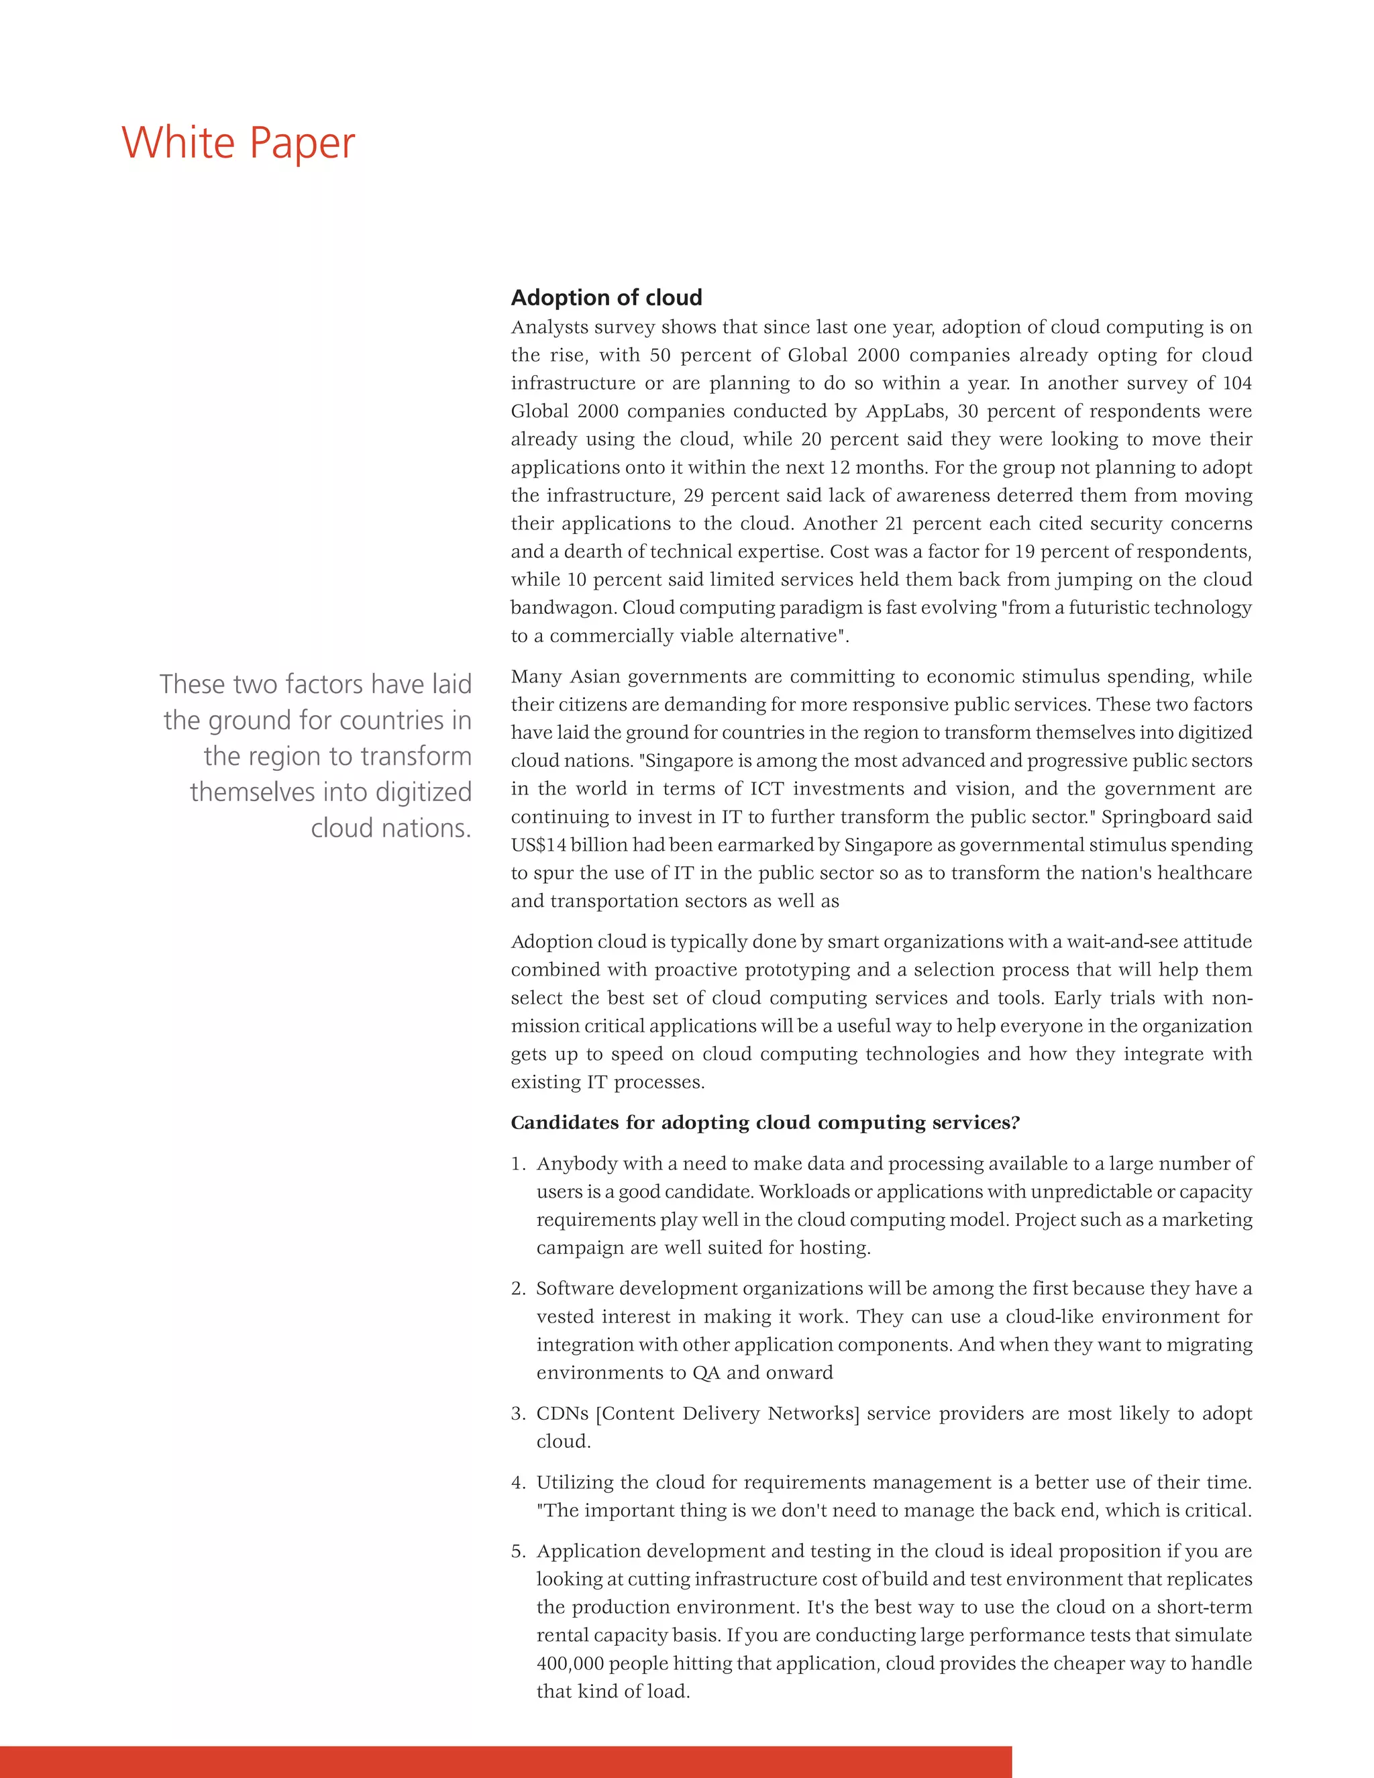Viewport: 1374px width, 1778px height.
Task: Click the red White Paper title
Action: tap(238, 144)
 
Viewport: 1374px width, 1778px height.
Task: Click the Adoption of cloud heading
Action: tap(606, 298)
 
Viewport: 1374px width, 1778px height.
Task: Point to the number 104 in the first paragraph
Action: tap(1236, 382)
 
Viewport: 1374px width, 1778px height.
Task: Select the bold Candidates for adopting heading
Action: tap(764, 1122)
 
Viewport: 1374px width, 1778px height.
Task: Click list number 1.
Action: tap(518, 1164)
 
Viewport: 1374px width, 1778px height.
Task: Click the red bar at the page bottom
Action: tap(505, 1762)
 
